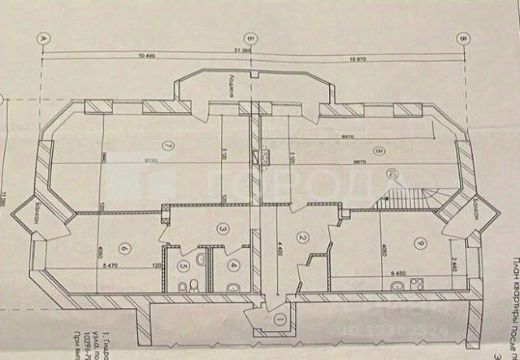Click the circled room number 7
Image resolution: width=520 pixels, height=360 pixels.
168,146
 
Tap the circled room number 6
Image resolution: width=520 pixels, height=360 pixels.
124,249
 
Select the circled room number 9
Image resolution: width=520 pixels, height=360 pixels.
419,242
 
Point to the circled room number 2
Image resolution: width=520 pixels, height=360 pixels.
303,237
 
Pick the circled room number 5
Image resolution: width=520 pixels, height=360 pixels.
184,264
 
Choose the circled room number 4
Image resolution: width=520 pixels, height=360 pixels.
234,264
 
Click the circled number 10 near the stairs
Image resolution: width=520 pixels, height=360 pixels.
392,173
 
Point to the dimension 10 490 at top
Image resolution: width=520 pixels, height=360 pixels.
147,56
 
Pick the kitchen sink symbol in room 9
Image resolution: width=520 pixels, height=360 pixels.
396,285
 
